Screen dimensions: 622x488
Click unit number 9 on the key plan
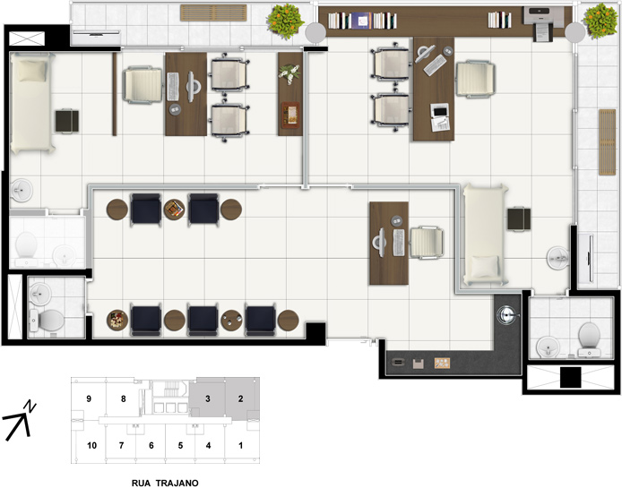tap(89, 398)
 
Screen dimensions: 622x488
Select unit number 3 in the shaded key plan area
tap(207, 398)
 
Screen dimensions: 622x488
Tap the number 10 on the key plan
tap(91, 446)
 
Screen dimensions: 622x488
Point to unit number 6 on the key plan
tap(151, 446)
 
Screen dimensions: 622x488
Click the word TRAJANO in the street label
tap(177, 483)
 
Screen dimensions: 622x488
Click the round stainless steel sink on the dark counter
tap(508, 314)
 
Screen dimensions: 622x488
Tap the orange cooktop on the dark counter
tap(442, 363)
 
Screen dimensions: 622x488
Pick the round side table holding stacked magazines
tap(174, 210)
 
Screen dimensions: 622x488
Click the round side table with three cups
tap(231, 320)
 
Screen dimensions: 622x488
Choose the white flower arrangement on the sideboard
tap(289, 73)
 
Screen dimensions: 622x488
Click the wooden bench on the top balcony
tap(213, 13)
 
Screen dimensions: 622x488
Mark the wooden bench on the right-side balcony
tap(607, 141)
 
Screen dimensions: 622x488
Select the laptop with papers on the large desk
tap(440, 117)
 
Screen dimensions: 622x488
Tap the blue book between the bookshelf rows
tap(361, 21)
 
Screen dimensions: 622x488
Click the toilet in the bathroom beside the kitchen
tap(589, 339)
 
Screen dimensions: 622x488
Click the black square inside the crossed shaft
tap(570, 377)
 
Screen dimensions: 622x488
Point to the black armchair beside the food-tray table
tap(146, 320)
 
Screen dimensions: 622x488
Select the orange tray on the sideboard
tap(290, 115)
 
